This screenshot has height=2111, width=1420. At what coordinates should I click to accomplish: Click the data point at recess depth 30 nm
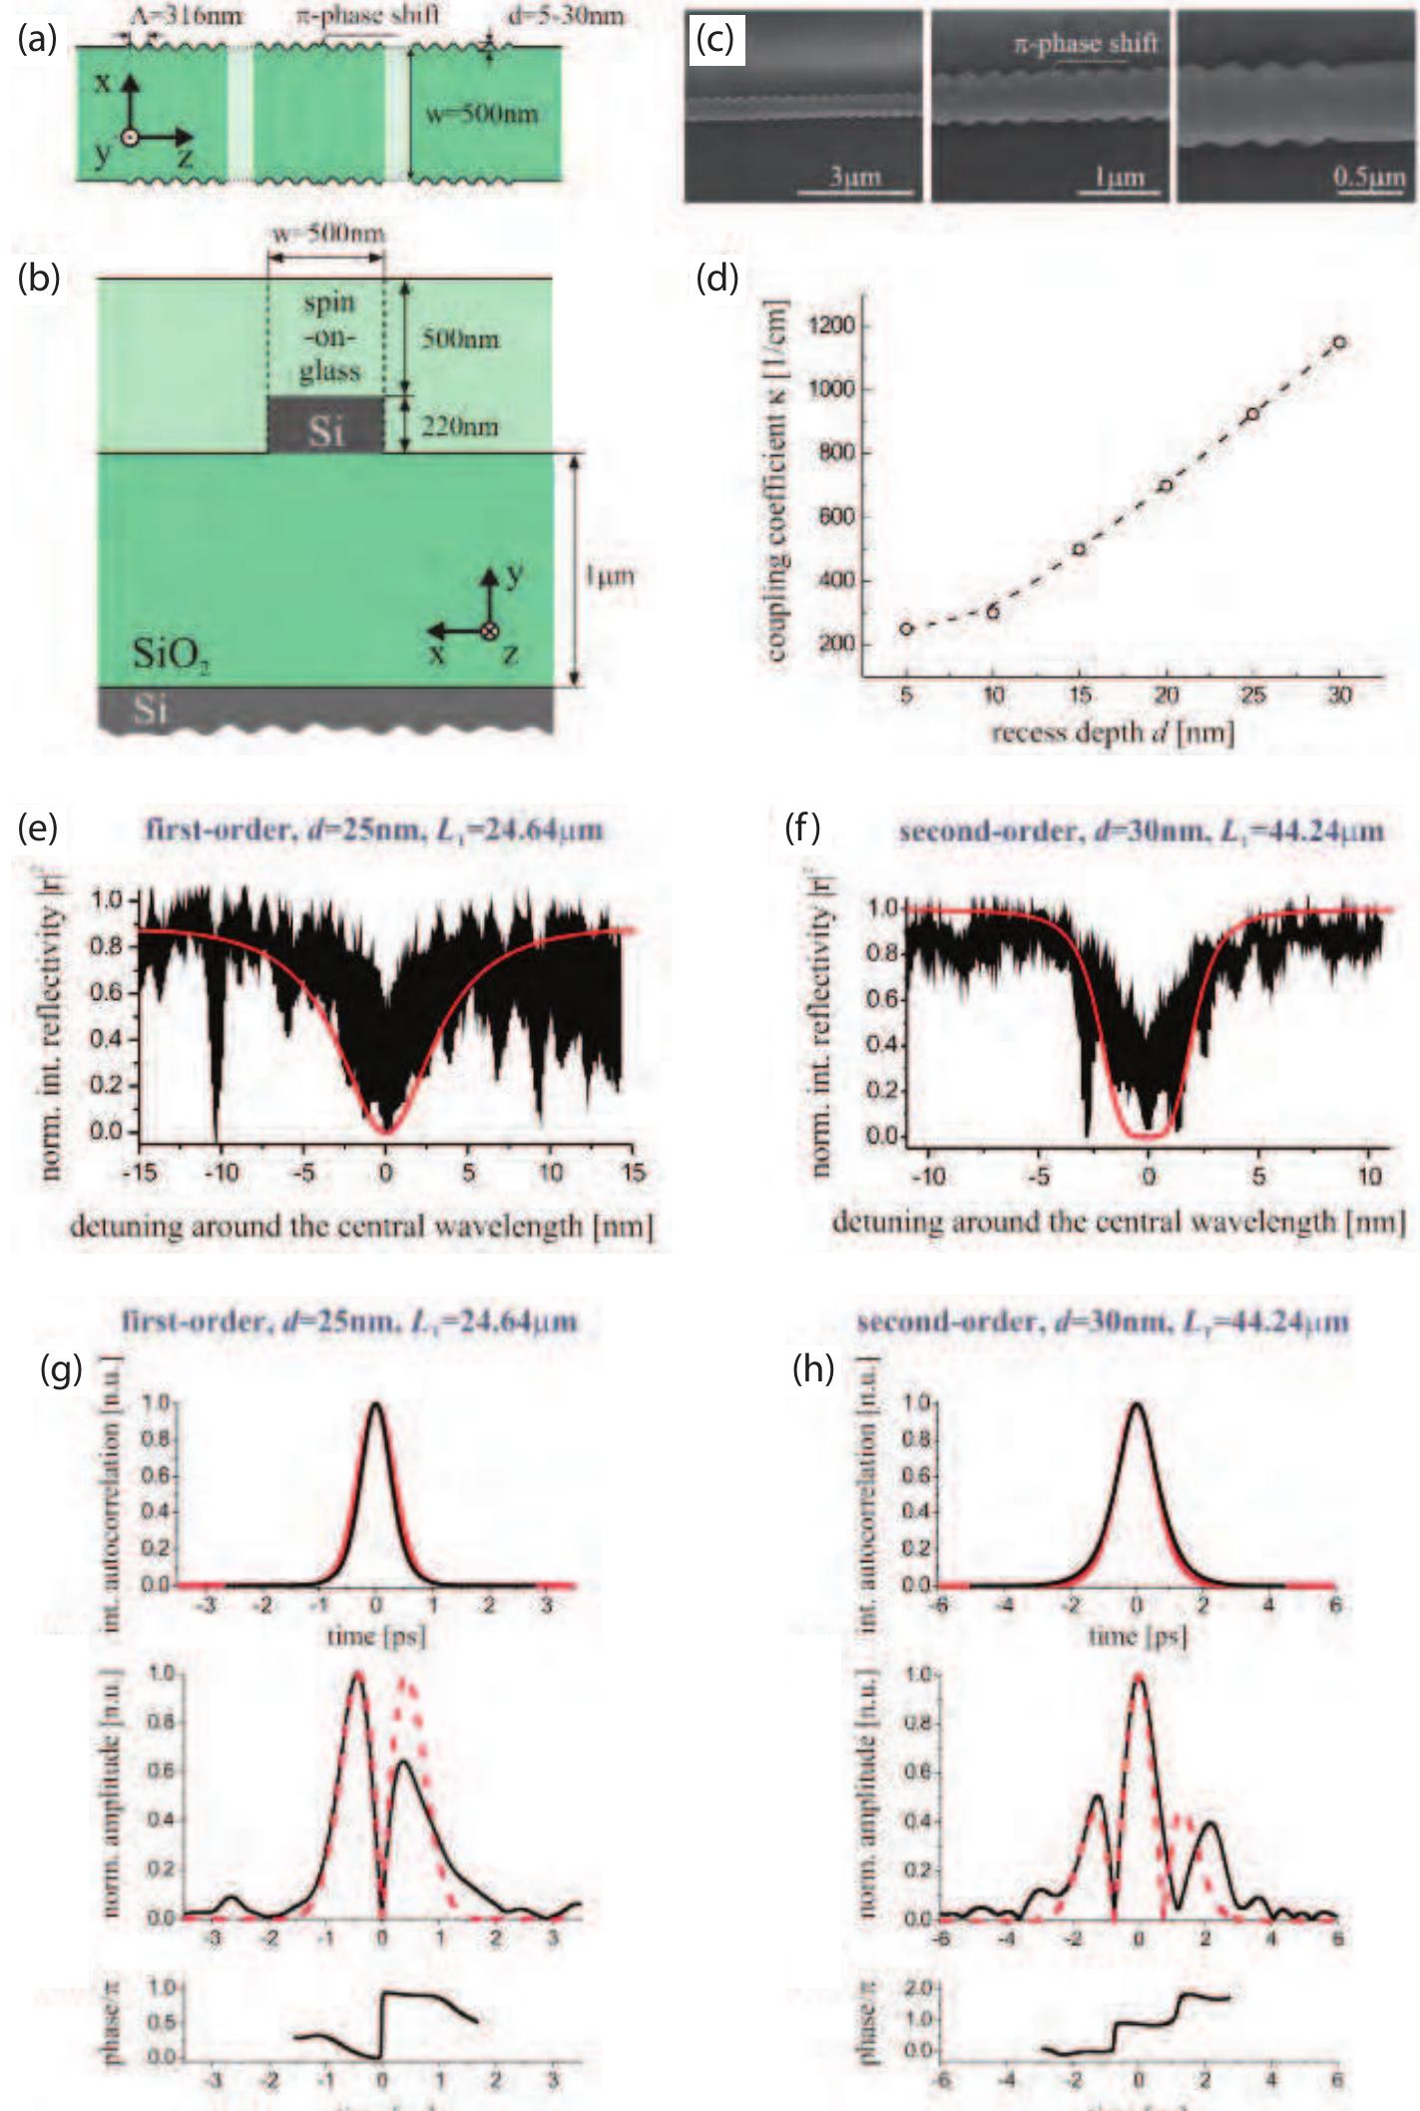pyautogui.click(x=1339, y=342)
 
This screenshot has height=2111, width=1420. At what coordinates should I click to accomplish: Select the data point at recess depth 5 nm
pyautogui.click(x=906, y=628)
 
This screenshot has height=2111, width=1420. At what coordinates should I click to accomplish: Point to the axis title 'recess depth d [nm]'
pyautogui.click(x=1113, y=734)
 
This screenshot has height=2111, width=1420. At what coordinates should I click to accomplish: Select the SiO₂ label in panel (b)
pyautogui.click(x=171, y=656)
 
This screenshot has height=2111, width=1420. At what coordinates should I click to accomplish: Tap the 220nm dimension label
pyautogui.click(x=458, y=427)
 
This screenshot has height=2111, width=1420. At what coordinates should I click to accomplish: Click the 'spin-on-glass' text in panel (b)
pyautogui.click(x=329, y=337)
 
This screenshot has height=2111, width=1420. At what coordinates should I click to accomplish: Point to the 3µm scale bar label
pyautogui.click(x=855, y=178)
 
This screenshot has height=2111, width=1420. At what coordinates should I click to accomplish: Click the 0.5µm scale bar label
pyautogui.click(x=1369, y=178)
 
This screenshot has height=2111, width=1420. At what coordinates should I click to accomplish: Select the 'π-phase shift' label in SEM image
pyautogui.click(x=1086, y=44)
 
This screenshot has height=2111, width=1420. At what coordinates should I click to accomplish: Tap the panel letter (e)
pyautogui.click(x=38, y=826)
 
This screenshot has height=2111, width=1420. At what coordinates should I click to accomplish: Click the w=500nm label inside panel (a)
pyautogui.click(x=481, y=114)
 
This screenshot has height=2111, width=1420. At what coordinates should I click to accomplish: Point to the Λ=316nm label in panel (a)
pyautogui.click(x=187, y=15)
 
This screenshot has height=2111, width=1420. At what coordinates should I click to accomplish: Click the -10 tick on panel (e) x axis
pyautogui.click(x=221, y=1172)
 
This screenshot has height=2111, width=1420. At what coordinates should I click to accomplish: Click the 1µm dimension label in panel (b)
pyautogui.click(x=609, y=576)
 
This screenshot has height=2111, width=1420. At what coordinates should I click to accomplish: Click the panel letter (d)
pyautogui.click(x=716, y=278)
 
